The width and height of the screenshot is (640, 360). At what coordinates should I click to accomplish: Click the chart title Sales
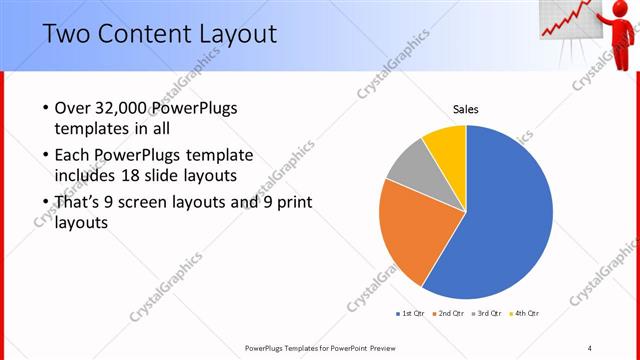click(466, 108)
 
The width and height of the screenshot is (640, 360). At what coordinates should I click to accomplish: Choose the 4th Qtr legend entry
click(526, 314)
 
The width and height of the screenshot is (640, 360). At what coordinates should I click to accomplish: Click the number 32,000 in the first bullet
click(118, 108)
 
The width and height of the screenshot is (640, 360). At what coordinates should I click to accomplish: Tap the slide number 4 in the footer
click(590, 347)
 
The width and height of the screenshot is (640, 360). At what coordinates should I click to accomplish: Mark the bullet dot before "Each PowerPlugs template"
click(46, 157)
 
